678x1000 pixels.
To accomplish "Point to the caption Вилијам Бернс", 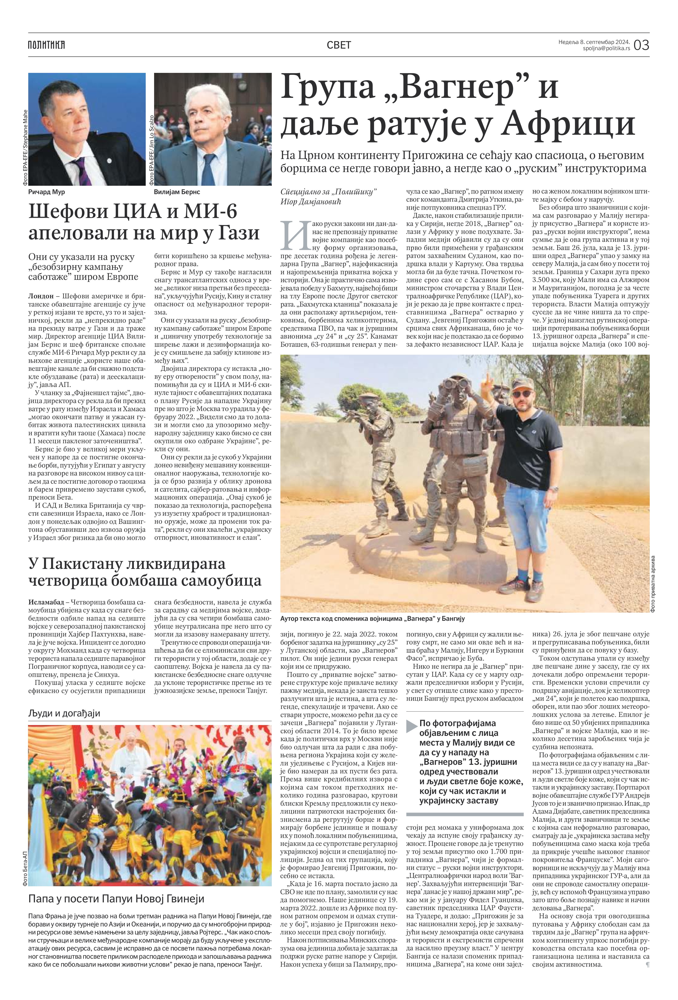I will (x=177, y=192).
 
